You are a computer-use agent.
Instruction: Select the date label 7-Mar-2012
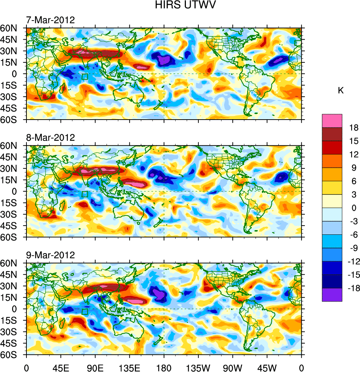(x=50, y=20)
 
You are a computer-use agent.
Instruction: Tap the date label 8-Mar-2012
(x=50, y=138)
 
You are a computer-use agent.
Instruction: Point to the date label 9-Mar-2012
(x=50, y=255)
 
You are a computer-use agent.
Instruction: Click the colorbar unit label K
(x=341, y=91)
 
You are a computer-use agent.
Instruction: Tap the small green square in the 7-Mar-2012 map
(x=85, y=77)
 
